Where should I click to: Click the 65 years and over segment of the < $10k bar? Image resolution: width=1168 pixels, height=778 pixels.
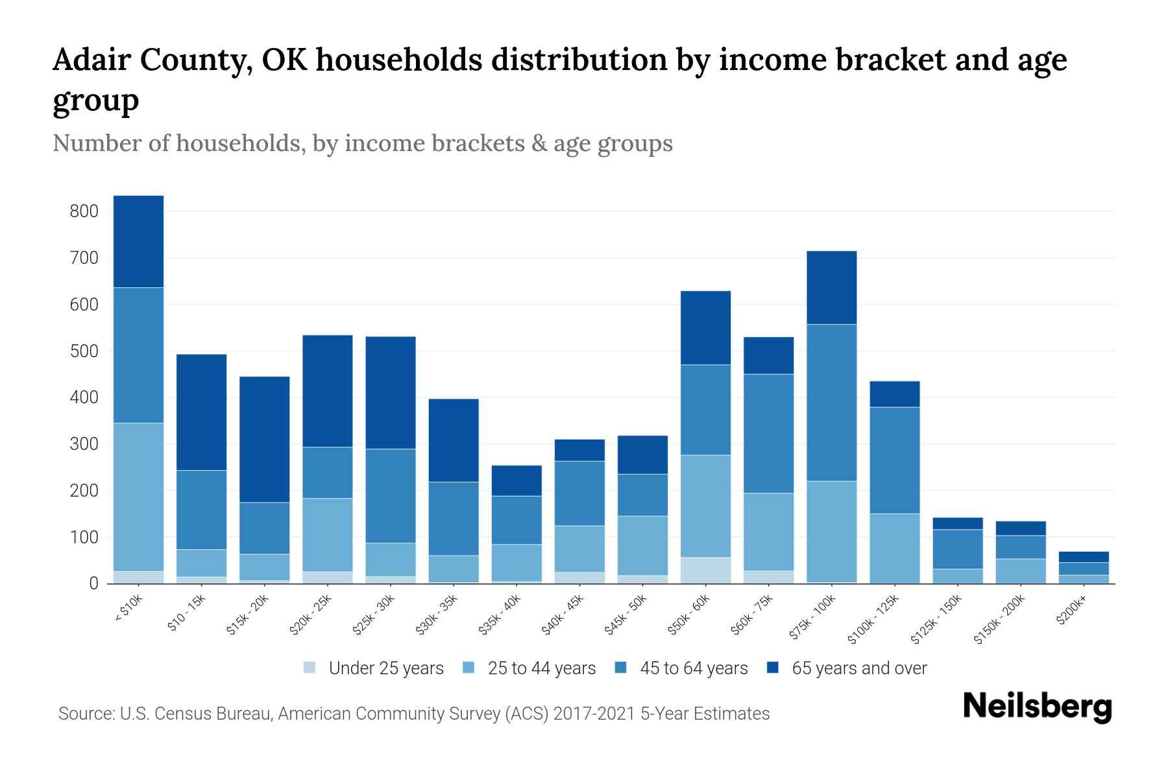(x=138, y=241)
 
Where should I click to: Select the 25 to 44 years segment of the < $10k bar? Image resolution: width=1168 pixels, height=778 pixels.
(x=138, y=497)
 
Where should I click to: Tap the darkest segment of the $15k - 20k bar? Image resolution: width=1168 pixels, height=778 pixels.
(x=265, y=440)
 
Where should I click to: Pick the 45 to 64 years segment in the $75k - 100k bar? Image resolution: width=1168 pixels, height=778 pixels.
(x=832, y=402)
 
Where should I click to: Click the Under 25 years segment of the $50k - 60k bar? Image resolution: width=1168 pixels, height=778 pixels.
(x=705, y=570)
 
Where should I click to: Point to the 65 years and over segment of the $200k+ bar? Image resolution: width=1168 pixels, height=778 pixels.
(x=1083, y=557)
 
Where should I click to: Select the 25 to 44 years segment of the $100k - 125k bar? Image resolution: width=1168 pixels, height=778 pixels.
(x=895, y=548)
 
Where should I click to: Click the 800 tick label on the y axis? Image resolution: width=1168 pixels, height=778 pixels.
(x=85, y=211)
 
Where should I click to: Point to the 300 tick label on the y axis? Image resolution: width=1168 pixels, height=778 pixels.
(x=85, y=444)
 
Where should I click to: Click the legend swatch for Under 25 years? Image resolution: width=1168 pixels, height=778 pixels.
(x=310, y=668)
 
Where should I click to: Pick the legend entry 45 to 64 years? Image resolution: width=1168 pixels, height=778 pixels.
(x=694, y=668)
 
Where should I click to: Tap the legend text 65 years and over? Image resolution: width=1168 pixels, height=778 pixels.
(x=859, y=668)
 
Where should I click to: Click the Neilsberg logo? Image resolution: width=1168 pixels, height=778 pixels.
(x=1037, y=706)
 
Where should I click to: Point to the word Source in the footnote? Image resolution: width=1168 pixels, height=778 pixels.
(x=84, y=714)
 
